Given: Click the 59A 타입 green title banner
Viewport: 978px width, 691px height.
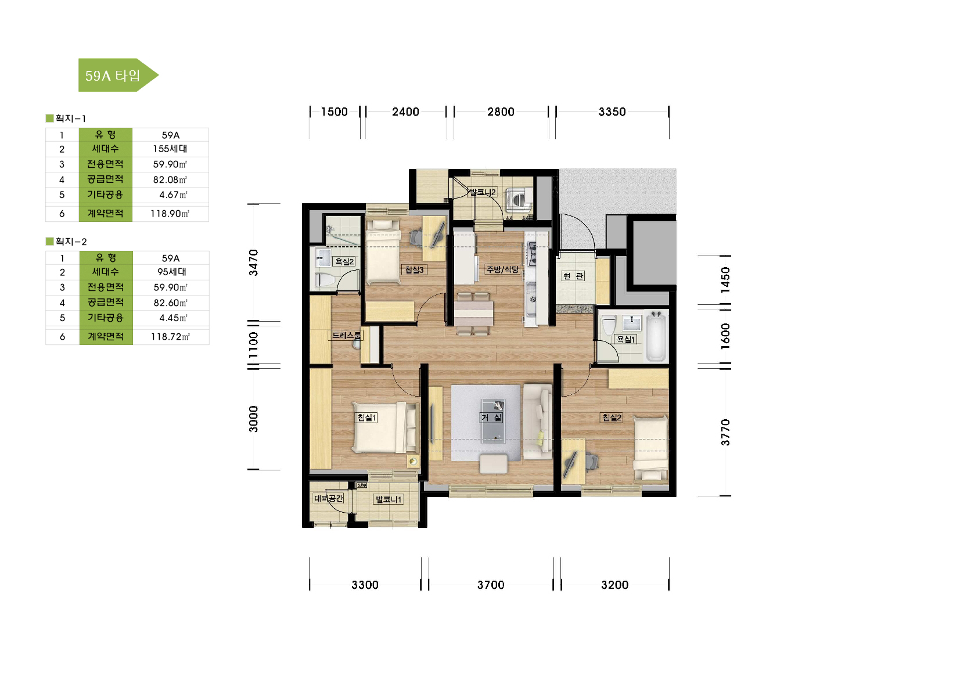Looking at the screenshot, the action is tap(118, 75).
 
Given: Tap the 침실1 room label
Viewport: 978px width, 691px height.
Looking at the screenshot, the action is tap(367, 418).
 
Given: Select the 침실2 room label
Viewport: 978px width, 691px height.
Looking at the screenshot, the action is tap(612, 418).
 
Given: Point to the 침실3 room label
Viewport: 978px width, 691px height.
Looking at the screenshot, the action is tap(414, 270).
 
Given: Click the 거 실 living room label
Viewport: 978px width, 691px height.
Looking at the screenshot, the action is tap(492, 418).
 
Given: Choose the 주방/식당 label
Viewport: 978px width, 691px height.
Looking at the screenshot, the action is tap(502, 269).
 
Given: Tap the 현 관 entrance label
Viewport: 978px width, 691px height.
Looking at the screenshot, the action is tap(573, 276).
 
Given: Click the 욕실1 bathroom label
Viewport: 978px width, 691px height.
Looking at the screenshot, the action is tap(625, 339).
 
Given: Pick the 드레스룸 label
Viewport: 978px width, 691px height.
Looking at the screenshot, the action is tap(346, 335).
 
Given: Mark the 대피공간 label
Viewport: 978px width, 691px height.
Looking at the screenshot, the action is tap(329, 498).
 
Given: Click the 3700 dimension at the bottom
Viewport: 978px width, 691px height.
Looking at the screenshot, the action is tap(491, 585).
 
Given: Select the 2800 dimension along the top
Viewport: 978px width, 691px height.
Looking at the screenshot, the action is tap(501, 111).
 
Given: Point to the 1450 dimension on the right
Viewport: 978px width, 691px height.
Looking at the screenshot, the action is tap(725, 280).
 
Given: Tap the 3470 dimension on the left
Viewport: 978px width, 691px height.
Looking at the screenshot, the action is tap(254, 263).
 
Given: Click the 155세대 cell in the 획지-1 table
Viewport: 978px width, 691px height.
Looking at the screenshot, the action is tap(170, 149).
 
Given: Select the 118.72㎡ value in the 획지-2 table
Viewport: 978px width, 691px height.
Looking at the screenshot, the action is tap(170, 337).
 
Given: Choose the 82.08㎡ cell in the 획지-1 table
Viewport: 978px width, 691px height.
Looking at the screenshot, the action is tap(170, 179).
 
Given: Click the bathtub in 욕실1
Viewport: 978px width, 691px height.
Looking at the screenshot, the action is tap(656, 336).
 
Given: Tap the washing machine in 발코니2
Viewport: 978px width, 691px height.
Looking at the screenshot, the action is tap(519, 200).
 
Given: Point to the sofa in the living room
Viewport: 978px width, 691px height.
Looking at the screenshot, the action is tap(538, 421).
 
